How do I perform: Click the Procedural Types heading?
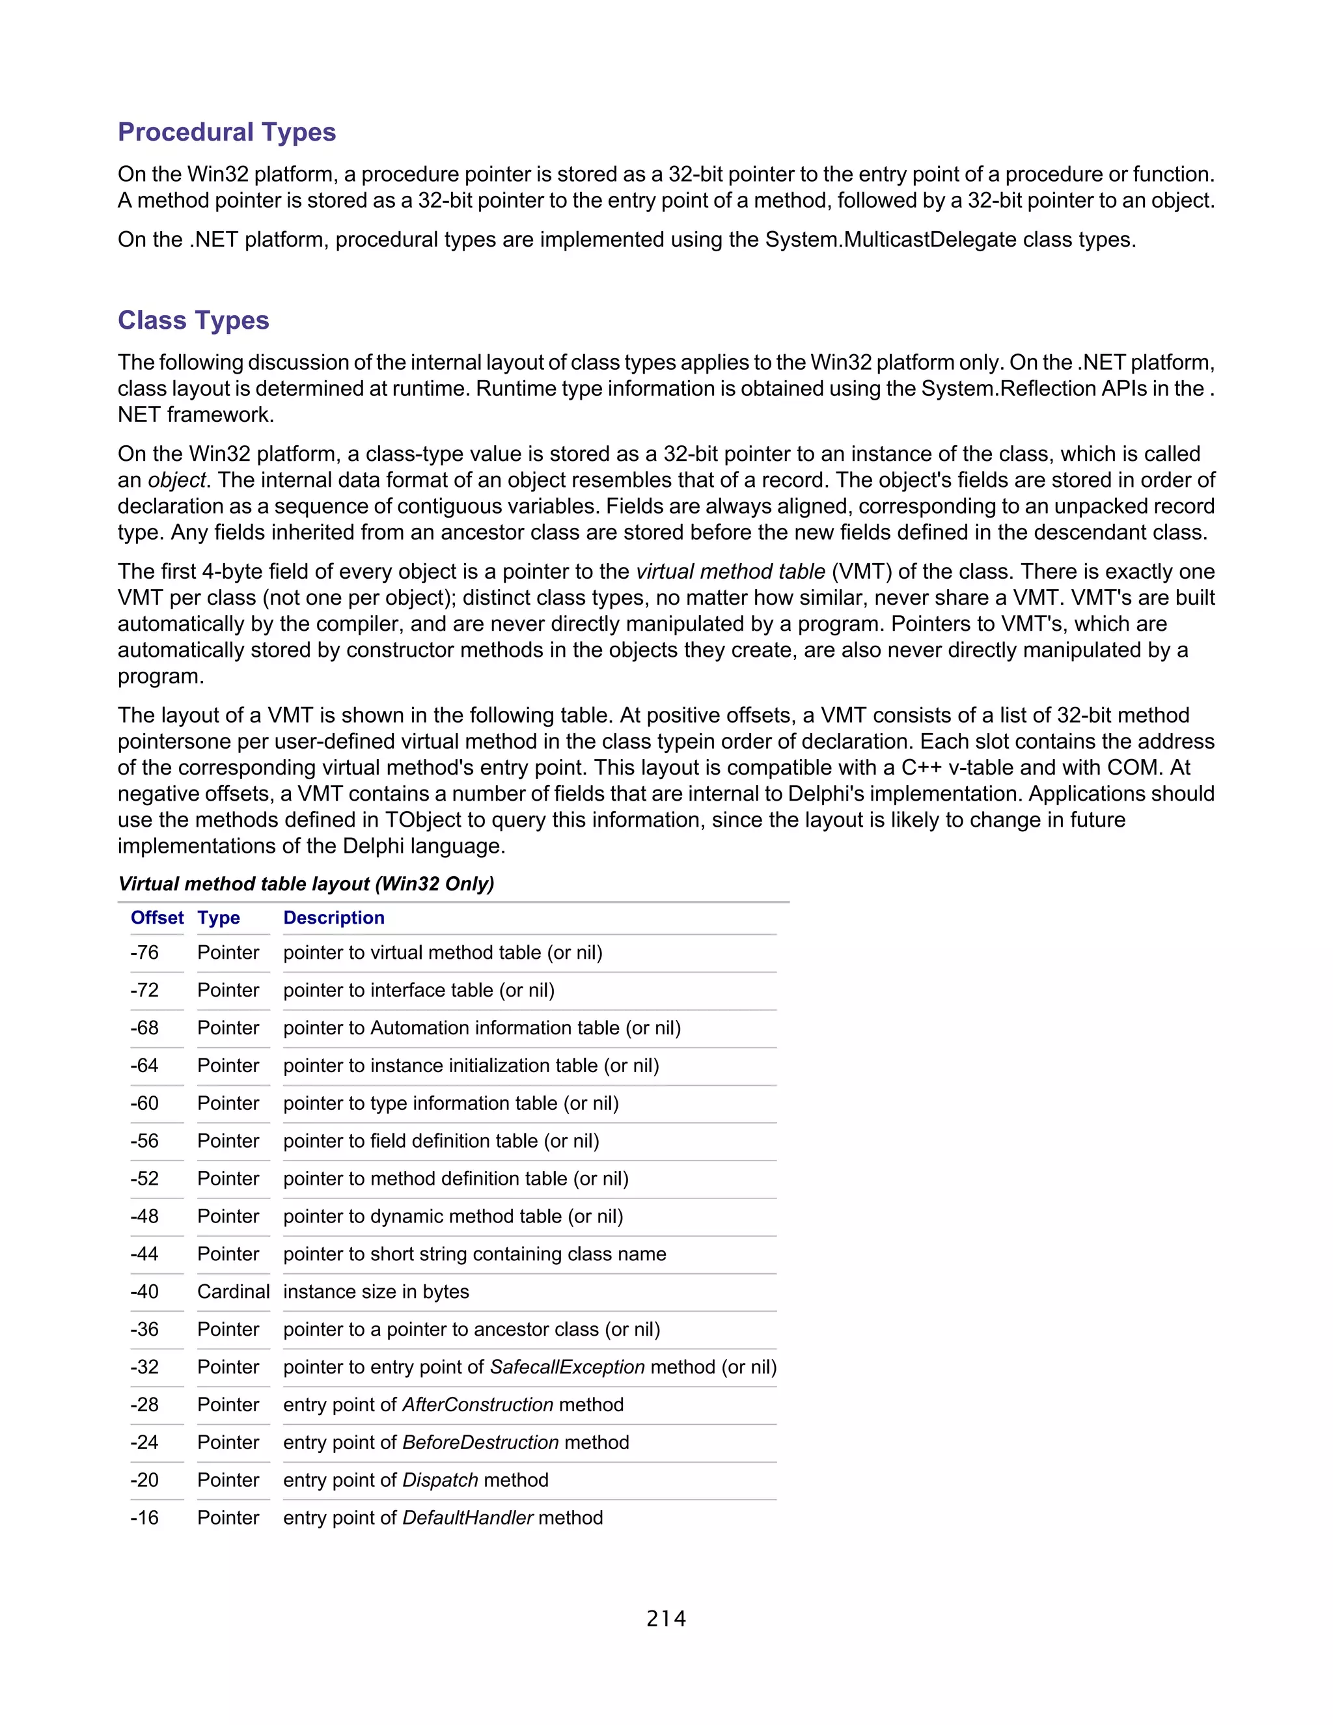click(227, 132)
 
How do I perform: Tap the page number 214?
click(666, 1618)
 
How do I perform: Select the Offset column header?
click(157, 917)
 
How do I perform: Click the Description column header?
click(333, 917)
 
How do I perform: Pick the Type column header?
click(219, 917)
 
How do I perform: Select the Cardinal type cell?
click(233, 1291)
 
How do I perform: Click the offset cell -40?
click(144, 1291)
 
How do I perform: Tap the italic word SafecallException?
click(567, 1367)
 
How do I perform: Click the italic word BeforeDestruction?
click(480, 1442)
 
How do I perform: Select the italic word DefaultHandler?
click(467, 1517)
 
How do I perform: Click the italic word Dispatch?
click(441, 1480)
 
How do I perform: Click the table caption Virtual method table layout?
click(306, 884)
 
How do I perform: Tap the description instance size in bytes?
click(376, 1291)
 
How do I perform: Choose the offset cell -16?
click(144, 1517)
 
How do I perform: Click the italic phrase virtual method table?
click(730, 571)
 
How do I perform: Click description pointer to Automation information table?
click(482, 1028)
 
